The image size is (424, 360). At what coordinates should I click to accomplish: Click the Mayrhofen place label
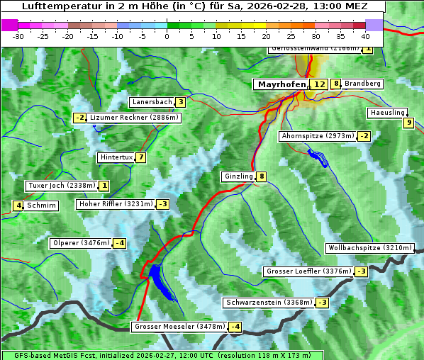pos(281,84)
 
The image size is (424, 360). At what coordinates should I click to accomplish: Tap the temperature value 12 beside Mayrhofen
pos(320,84)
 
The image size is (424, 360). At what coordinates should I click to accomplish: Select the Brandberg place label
pos(363,84)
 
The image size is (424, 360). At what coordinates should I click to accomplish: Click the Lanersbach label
pos(152,102)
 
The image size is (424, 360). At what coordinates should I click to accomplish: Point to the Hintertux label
pos(116,157)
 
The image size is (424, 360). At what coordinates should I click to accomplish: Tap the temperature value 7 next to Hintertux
pos(141,157)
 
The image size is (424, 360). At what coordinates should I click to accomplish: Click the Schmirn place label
pos(42,206)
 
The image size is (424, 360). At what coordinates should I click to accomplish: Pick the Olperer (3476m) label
pos(82,243)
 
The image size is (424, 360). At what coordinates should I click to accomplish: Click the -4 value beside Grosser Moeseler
pos(235,327)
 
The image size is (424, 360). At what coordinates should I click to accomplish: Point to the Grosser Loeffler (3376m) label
pos(308,271)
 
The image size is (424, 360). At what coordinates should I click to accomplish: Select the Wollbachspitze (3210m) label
pos(369,248)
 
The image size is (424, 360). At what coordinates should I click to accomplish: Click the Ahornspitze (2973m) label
pos(317,135)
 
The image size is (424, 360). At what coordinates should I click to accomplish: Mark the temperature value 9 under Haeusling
pos(408,123)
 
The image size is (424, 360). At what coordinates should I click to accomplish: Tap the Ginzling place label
pos(238,176)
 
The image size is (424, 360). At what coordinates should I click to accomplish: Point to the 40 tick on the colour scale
pos(365,35)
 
